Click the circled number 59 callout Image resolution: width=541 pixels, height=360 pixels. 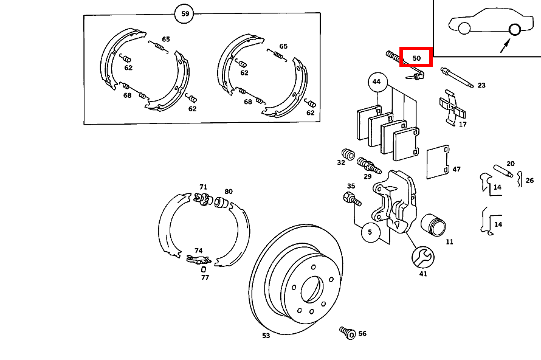(185, 13)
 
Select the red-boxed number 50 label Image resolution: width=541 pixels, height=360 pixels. (416, 57)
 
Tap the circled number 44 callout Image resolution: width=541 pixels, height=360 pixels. (376, 81)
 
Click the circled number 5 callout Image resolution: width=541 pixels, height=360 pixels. (370, 232)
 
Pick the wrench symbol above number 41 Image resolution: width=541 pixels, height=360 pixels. (422, 257)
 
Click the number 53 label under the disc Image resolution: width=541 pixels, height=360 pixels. (266, 336)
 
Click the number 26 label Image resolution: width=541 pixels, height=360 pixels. (529, 181)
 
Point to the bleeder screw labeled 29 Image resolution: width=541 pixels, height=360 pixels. (368, 165)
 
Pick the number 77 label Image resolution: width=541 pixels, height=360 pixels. (205, 277)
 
